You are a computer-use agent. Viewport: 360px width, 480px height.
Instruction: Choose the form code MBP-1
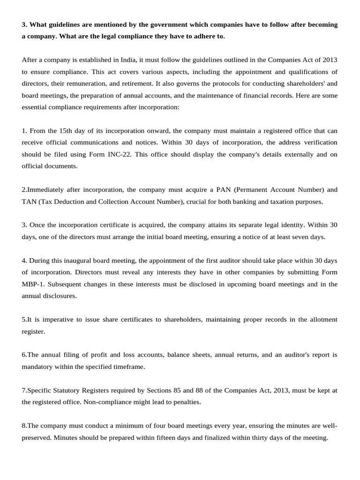tap(33, 284)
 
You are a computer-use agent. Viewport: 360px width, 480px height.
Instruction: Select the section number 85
tap(187, 390)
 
